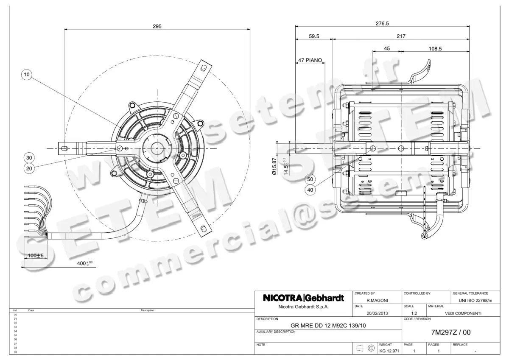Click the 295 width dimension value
(157, 26)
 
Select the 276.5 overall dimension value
(382, 23)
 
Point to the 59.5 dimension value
(314, 36)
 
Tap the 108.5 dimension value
(435, 49)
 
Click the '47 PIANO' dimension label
(310, 61)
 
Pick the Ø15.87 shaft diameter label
(274, 166)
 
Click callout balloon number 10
(27, 75)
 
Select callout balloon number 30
(29, 158)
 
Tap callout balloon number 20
(29, 167)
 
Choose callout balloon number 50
(310, 180)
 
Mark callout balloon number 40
(310, 190)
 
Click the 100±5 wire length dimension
(36, 256)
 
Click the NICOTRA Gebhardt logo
(303, 298)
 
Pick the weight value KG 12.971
(389, 351)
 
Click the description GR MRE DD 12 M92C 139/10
(328, 326)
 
